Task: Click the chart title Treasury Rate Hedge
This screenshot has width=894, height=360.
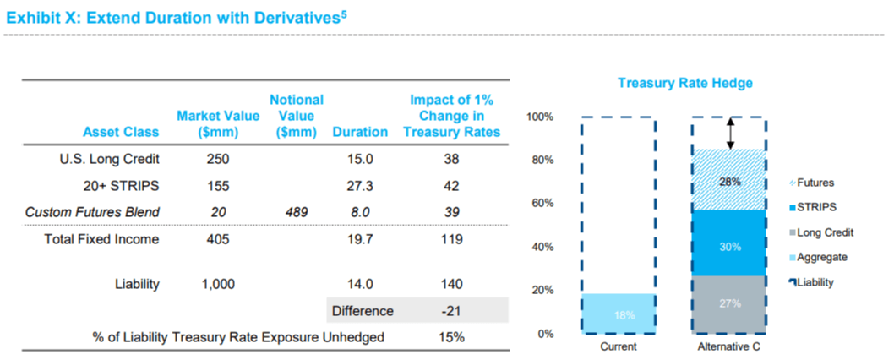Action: tap(684, 83)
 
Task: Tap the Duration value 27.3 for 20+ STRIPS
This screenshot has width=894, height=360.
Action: tap(360, 185)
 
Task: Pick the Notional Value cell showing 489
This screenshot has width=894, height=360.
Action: tap(296, 212)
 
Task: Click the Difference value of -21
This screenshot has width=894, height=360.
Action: tap(451, 310)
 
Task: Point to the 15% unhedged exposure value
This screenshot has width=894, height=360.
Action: tap(451, 337)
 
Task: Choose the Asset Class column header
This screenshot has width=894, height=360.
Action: tap(121, 132)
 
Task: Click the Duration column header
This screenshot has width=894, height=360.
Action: tap(360, 132)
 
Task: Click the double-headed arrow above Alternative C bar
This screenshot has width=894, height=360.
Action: tap(731, 133)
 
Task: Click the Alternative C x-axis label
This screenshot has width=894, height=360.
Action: tap(730, 347)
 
